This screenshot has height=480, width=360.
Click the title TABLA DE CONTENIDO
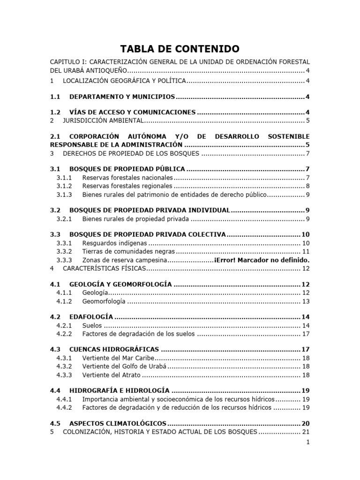(x=180, y=49)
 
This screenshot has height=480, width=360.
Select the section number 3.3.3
(x=64, y=260)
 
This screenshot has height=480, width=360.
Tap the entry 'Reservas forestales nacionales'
(x=127, y=178)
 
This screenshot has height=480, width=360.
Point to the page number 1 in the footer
(x=307, y=442)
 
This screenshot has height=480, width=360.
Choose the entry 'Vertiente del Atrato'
(x=111, y=375)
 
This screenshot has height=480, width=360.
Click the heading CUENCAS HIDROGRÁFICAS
(x=114, y=350)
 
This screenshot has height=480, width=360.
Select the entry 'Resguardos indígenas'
(x=114, y=243)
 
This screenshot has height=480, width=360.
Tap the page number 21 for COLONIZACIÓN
(x=306, y=432)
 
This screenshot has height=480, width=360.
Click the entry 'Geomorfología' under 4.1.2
(x=104, y=301)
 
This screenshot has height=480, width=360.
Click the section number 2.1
(x=56, y=136)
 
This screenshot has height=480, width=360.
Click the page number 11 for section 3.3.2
(x=306, y=251)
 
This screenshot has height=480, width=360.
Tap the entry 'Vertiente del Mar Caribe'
(x=118, y=358)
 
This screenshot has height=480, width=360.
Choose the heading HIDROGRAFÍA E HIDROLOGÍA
(x=119, y=390)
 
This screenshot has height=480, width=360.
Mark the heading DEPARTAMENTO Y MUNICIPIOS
(x=122, y=97)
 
